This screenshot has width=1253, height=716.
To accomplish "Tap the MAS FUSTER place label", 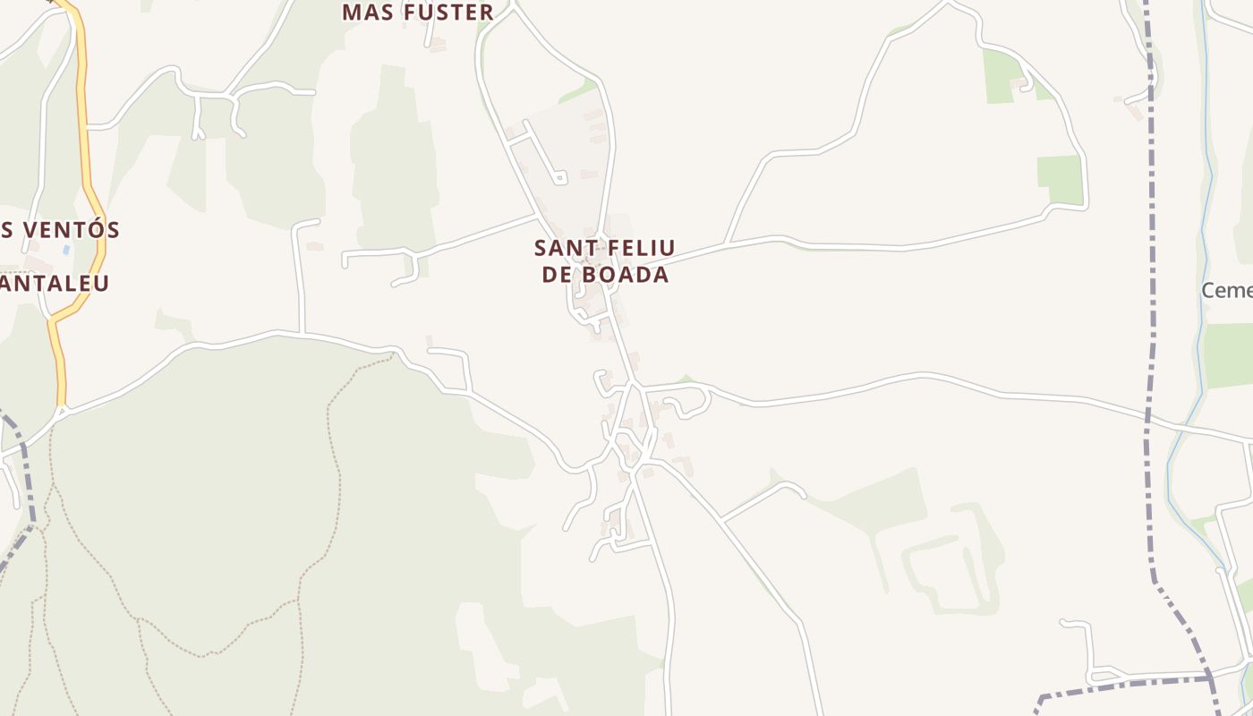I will [x=417, y=13].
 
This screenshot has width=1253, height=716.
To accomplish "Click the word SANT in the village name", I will [x=561, y=248].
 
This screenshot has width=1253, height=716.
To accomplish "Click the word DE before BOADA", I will [x=557, y=275].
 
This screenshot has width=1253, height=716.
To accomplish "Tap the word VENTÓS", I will [x=68, y=230].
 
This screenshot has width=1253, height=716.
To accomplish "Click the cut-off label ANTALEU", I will [x=54, y=284].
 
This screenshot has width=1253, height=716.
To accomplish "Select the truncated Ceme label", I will [x=1226, y=291].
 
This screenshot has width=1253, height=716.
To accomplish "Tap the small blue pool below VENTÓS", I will [x=66, y=248].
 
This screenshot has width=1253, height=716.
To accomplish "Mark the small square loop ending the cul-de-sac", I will [x=560, y=178].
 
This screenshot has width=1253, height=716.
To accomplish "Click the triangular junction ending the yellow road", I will [x=61, y=413].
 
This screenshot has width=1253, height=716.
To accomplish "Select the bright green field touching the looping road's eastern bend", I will [x=1060, y=179].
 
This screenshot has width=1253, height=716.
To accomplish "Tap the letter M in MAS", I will [x=352, y=13].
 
